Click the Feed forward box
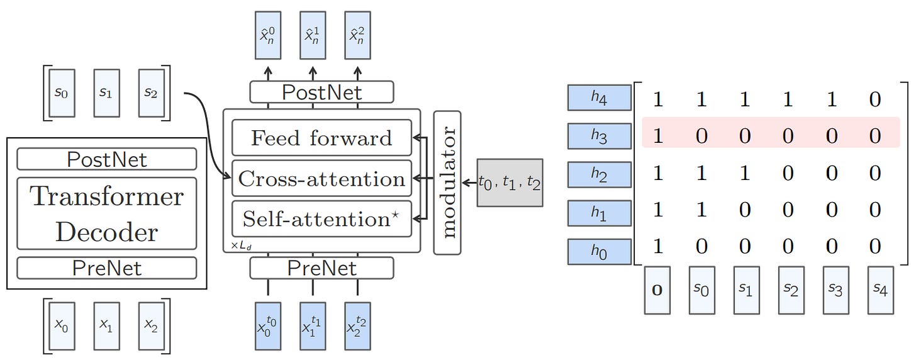pos(321,138)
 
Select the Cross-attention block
pos(321,179)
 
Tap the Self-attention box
pos(321,219)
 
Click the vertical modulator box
pos(447,183)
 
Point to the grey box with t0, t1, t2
pos(510,183)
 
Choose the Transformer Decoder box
pos(106,214)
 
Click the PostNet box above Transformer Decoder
pos(106,159)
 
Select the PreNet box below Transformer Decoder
pos(106,268)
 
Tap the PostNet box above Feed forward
pos(321,92)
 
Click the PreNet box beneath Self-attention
pos(321,268)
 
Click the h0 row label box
pos(599,251)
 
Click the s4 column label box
pos(880,291)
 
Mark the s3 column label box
pos(835,291)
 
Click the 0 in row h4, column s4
pos(875,99)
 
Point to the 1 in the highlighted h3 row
pos(658,136)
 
